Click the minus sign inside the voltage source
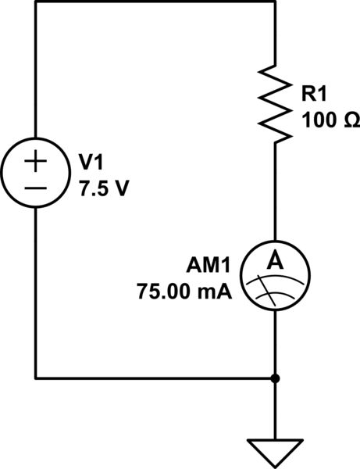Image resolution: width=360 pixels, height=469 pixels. (x=36, y=188)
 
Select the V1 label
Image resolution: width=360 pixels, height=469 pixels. (x=92, y=162)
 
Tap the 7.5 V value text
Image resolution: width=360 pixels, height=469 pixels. (x=100, y=188)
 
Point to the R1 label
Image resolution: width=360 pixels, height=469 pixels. (x=315, y=95)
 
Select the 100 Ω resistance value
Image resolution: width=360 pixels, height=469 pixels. (x=328, y=122)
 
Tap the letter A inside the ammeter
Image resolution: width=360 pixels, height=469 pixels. (x=276, y=264)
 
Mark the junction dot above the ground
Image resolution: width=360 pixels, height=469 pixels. (x=276, y=379)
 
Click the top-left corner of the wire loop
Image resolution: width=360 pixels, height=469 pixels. (x=36, y=2)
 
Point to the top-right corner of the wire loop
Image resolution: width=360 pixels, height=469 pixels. (x=276, y=2)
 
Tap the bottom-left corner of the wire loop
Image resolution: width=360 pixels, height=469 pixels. (x=36, y=379)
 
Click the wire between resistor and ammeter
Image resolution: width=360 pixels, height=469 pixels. (x=276, y=195)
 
